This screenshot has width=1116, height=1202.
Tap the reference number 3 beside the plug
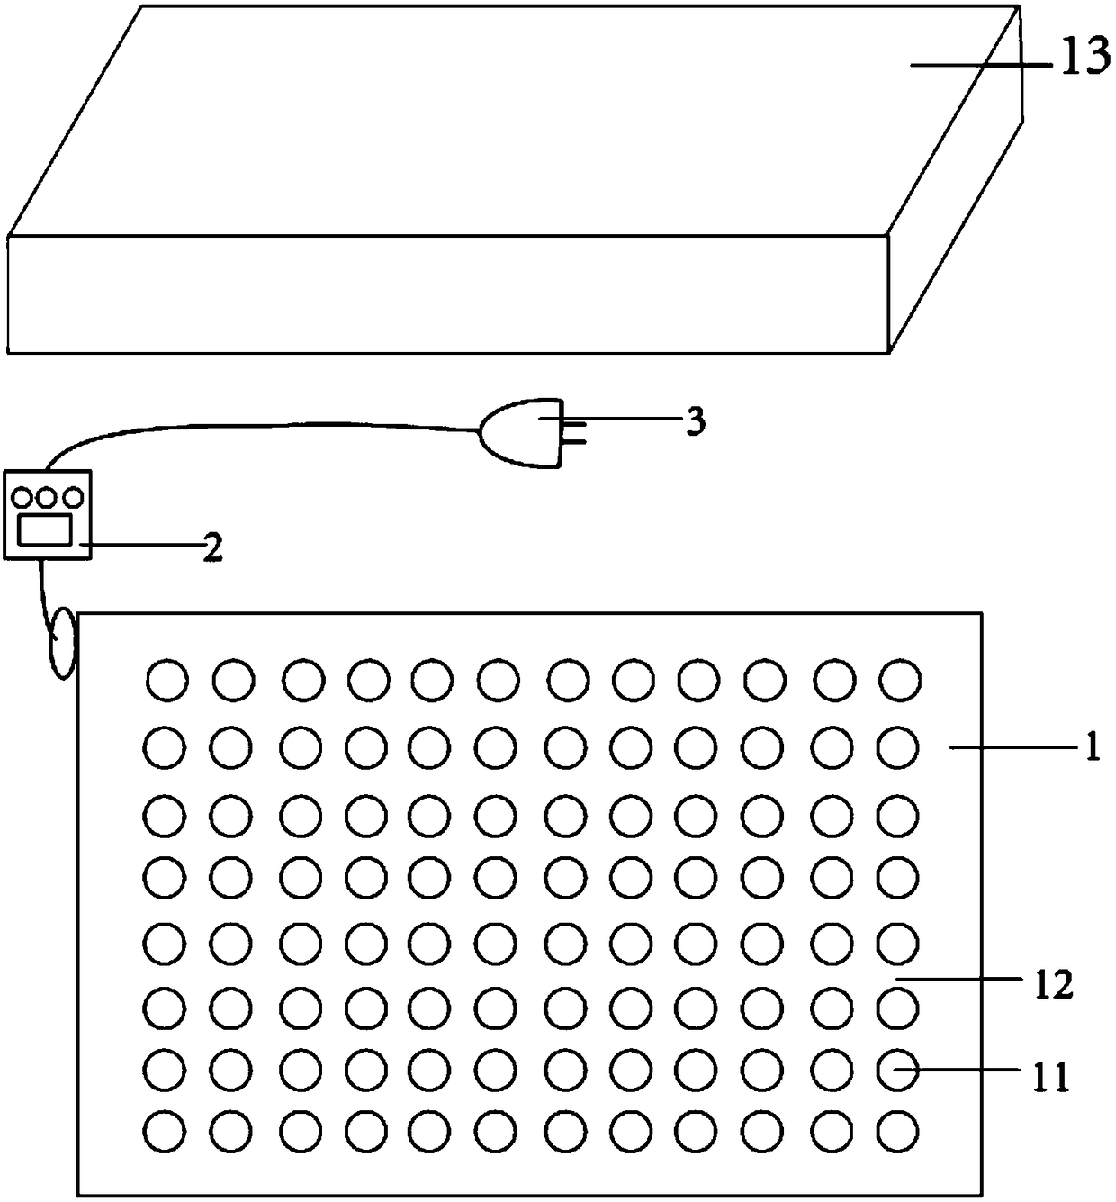click(x=695, y=421)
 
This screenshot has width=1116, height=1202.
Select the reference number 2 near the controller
click(x=212, y=547)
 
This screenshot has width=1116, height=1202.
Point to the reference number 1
click(x=1092, y=748)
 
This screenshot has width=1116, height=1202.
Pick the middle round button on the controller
click(x=47, y=496)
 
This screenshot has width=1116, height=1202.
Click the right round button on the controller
click(x=71, y=496)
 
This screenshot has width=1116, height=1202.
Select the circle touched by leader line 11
click(x=899, y=1069)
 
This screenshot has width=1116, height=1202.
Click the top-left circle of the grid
click(x=167, y=680)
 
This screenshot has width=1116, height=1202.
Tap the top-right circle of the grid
click(x=899, y=680)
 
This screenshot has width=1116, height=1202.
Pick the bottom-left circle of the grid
click(x=167, y=1130)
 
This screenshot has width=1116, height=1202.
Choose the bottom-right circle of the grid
click(x=899, y=1130)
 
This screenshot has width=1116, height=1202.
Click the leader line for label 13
click(x=981, y=64)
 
